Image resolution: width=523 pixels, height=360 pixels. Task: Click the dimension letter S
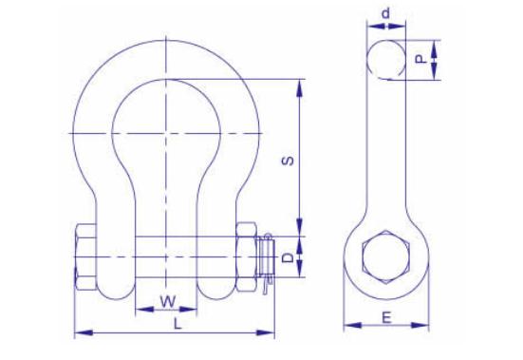[289, 161]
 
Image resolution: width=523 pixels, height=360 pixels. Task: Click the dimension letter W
[168, 301]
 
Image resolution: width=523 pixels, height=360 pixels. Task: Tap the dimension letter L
[177, 324]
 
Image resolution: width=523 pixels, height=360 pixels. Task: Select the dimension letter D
[288, 257]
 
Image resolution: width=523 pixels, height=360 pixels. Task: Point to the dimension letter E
[386, 317]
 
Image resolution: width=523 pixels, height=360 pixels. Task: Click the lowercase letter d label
[386, 13]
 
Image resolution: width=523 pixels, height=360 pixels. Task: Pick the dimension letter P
[420, 60]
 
